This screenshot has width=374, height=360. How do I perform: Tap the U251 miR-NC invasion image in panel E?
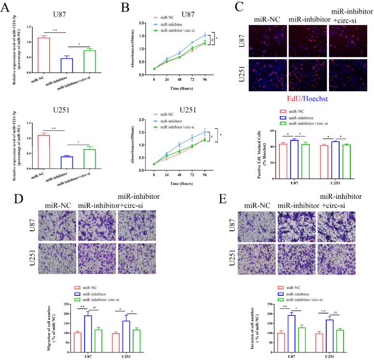[254, 259]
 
